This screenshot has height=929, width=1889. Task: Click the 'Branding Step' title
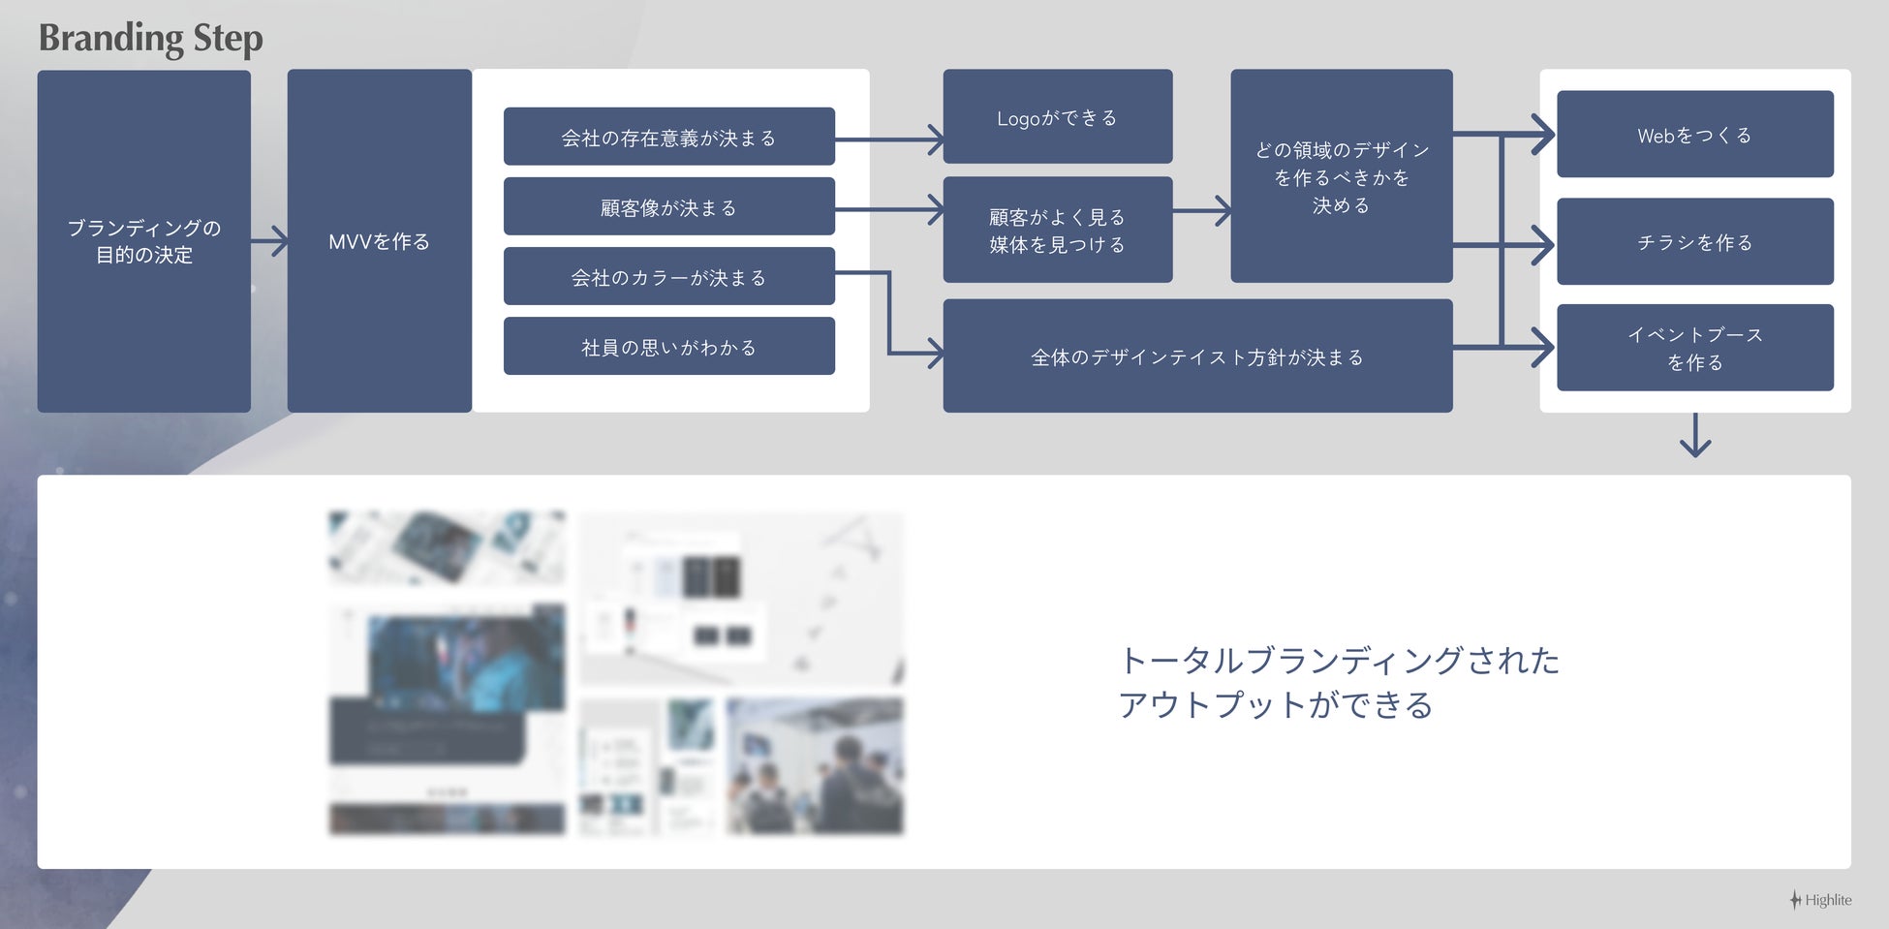point(150,39)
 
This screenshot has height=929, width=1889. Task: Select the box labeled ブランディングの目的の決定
point(144,241)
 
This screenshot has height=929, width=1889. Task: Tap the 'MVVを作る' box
point(379,241)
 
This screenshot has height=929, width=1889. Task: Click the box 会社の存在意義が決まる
point(668,138)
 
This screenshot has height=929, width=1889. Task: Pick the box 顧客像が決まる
point(668,207)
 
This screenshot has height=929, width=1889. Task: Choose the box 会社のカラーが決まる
point(668,277)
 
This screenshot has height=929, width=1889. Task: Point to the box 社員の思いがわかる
point(668,347)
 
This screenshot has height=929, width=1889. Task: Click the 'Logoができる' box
point(1057,117)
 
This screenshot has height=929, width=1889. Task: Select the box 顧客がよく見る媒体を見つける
point(1057,231)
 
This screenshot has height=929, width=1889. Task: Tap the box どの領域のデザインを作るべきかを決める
point(1341,176)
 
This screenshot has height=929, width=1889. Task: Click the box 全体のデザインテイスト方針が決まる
point(1197,356)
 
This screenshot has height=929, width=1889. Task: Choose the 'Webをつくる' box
point(1694,135)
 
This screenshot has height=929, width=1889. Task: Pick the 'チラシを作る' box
point(1694,242)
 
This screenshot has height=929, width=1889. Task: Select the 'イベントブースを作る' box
point(1694,348)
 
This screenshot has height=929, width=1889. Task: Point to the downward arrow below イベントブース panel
point(1694,436)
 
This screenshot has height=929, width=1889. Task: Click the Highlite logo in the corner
point(1820,900)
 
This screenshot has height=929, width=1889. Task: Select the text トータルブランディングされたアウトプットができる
point(1339,682)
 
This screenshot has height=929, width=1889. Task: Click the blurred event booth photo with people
point(815,765)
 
